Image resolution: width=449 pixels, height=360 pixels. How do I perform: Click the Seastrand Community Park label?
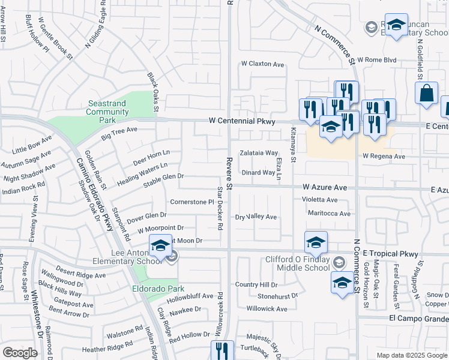pos(107,112)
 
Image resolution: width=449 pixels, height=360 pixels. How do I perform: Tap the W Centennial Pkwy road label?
pos(242,121)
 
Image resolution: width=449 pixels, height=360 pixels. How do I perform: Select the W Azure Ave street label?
pos(325,187)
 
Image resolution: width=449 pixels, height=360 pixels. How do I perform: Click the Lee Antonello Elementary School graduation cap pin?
pos(160,246)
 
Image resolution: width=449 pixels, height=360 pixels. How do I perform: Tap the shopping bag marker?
pos(426,94)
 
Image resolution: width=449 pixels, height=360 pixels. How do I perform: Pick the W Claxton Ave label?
pos(262,64)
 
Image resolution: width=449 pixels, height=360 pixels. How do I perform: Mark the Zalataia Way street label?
pos(259,153)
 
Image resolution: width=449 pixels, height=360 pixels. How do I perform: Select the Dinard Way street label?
pos(258,173)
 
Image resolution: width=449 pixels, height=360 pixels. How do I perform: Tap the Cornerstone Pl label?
pos(192,202)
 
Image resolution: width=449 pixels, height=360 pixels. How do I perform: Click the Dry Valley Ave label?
pos(256,217)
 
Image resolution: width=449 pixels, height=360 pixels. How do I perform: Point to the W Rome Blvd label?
pos(378,60)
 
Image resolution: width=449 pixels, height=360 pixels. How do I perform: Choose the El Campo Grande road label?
pos(418,317)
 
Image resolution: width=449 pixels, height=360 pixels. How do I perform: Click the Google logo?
pos(20,353)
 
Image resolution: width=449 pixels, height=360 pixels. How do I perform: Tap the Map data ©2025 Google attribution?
pos(412,355)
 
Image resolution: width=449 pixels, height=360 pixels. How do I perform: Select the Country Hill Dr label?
pos(256,284)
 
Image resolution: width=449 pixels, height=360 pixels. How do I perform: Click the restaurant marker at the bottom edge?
pos(221,351)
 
